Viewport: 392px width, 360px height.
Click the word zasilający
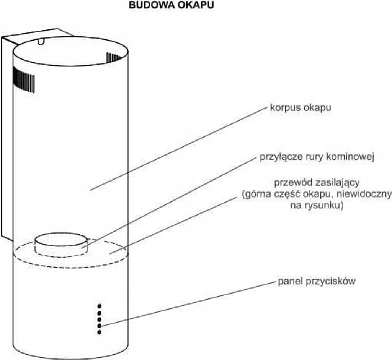coord(338,183)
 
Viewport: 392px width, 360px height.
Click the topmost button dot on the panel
coord(99,306)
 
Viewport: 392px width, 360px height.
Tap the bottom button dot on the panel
coord(99,332)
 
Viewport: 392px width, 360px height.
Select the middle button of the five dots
coord(99,319)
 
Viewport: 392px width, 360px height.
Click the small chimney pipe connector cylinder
coord(61,244)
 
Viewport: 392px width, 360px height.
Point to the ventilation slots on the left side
coord(24,79)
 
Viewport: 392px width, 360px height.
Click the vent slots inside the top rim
coord(114,57)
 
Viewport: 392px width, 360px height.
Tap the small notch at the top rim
coord(41,41)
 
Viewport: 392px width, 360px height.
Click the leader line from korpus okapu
coord(178,149)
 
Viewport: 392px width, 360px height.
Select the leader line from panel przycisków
coord(187,304)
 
